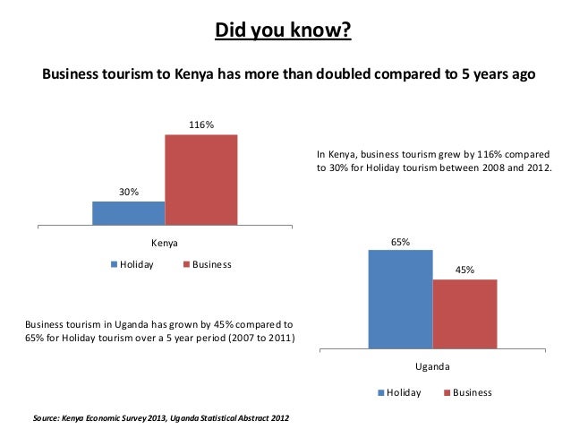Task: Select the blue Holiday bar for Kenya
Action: click(128, 213)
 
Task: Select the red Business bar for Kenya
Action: click(200, 179)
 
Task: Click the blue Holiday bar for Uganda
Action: click(400, 298)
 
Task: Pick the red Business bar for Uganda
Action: click(464, 313)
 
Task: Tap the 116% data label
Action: click(200, 124)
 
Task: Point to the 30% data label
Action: click(129, 192)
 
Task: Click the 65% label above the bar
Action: click(400, 242)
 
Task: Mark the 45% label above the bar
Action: click(464, 270)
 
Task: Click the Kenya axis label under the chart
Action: click(164, 243)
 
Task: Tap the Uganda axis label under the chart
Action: click(432, 367)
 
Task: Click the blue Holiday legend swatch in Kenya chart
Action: click(114, 264)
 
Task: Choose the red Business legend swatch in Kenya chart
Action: click(186, 264)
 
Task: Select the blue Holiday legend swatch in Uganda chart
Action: click(381, 392)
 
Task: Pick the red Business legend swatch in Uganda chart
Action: click(447, 392)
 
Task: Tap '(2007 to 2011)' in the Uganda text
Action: click(263, 337)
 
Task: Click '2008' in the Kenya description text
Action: click(489, 167)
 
